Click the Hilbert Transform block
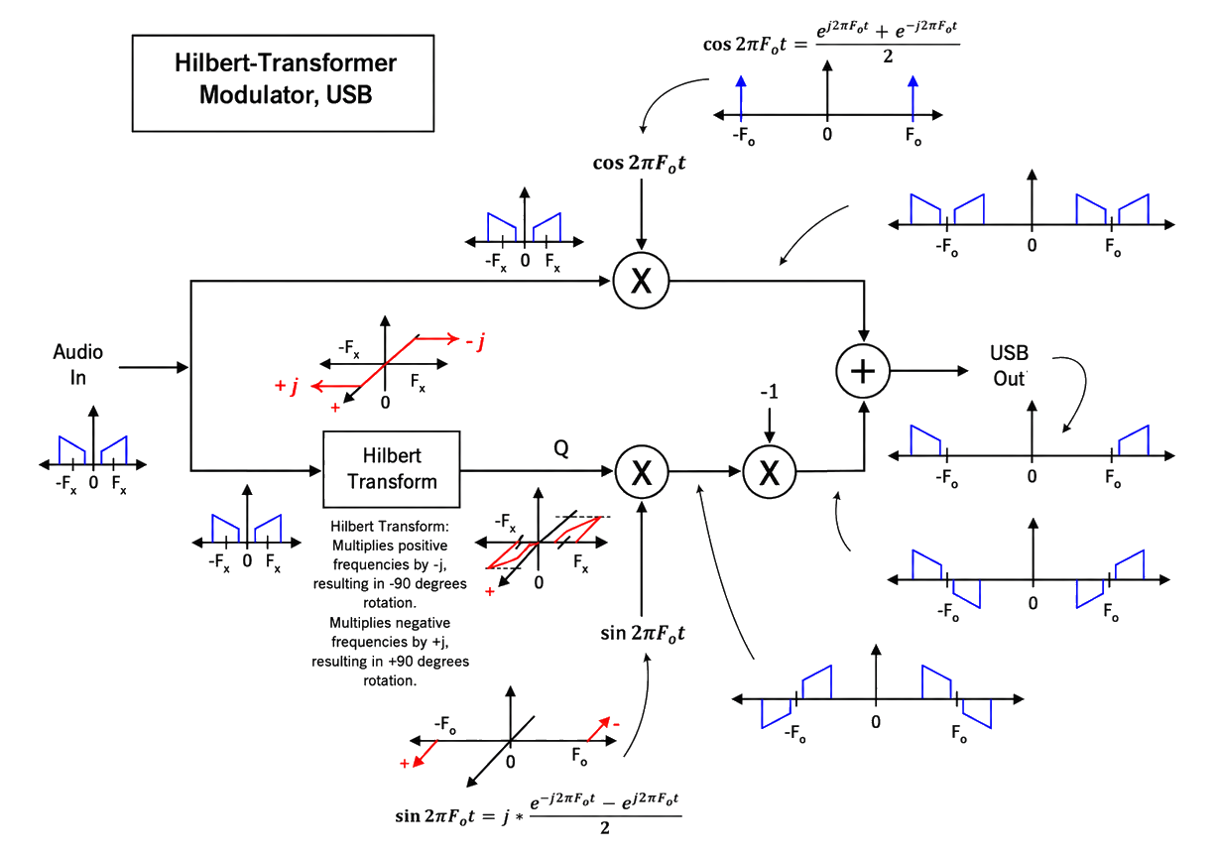pyautogui.click(x=391, y=469)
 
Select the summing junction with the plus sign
pyautogui.click(x=863, y=371)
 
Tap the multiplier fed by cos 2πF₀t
pyautogui.click(x=641, y=281)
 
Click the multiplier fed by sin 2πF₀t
pyautogui.click(x=642, y=471)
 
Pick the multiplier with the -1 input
pyautogui.click(x=770, y=471)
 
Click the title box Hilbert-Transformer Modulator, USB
pyautogui.click(x=283, y=83)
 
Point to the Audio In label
pyautogui.click(x=77, y=364)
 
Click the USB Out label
pyautogui.click(x=1009, y=366)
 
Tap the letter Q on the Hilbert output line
pyautogui.click(x=561, y=448)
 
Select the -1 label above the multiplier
pyautogui.click(x=769, y=392)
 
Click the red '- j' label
pyautogui.click(x=475, y=341)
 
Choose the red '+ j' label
pyautogui.click(x=287, y=386)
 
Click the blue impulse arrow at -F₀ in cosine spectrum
pyautogui.click(x=741, y=98)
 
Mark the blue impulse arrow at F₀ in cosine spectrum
pyautogui.click(x=913, y=98)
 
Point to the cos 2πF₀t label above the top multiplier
pyautogui.click(x=639, y=163)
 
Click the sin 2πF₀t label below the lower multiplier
pyautogui.click(x=642, y=633)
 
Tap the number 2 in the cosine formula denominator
pyautogui.click(x=888, y=57)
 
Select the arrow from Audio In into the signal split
pyautogui.click(x=154, y=367)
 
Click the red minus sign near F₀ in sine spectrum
pyautogui.click(x=616, y=724)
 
